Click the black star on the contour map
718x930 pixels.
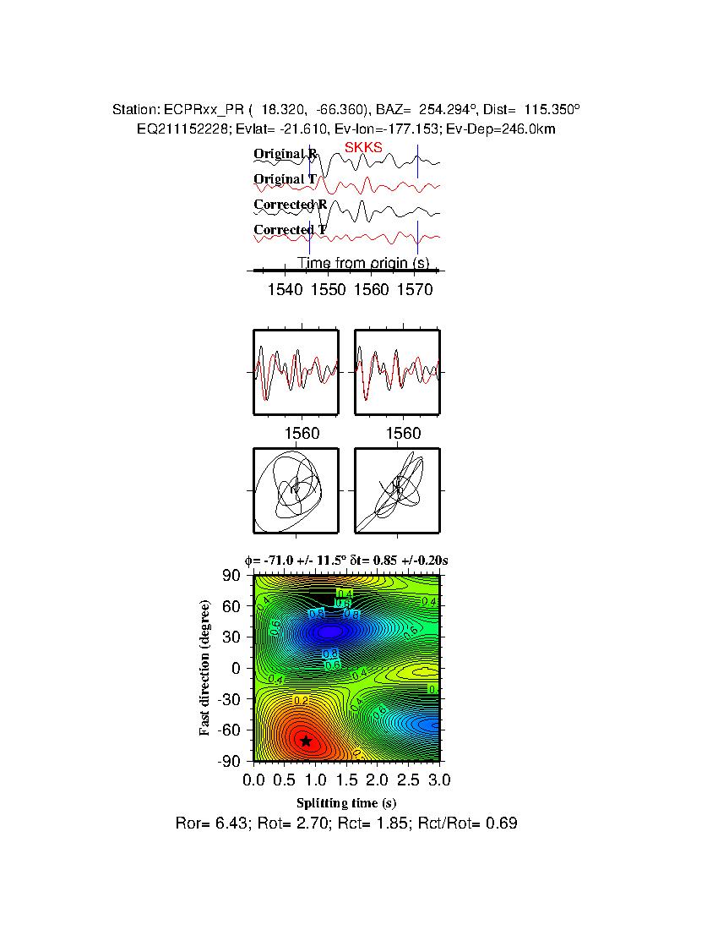(306, 741)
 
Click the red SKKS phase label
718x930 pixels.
(363, 148)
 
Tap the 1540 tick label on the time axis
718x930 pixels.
(285, 290)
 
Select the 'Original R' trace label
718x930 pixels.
(286, 154)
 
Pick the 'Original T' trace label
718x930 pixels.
(286, 179)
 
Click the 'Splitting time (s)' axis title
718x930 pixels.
(346, 802)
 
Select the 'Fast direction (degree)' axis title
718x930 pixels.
(205, 668)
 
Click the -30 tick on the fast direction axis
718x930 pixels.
(230, 699)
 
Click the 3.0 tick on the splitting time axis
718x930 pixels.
(430, 779)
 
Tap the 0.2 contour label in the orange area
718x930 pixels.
(301, 700)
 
